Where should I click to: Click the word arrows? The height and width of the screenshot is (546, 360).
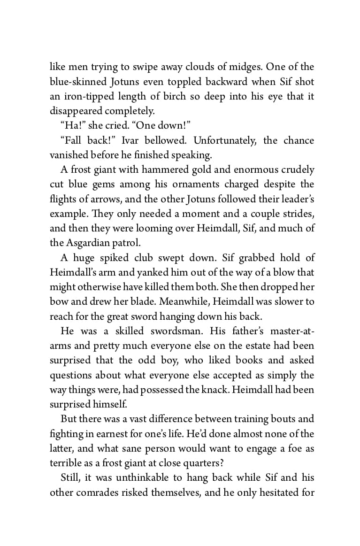point(108,199)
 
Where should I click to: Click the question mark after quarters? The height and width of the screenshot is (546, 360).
point(224,463)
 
